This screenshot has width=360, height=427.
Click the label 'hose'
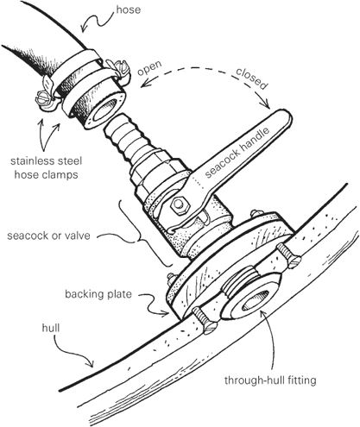point(129,10)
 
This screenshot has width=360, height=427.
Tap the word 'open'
point(149,68)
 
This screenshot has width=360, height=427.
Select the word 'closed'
point(251,78)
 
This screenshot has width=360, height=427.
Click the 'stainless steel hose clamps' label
point(47,167)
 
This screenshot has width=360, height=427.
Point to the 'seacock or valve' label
point(48,235)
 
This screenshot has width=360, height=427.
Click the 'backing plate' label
point(98,294)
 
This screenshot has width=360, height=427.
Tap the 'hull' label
point(51,328)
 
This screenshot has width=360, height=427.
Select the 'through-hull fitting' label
point(270,380)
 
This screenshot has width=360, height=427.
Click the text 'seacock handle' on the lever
point(237,153)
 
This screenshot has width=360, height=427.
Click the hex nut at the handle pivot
point(179,205)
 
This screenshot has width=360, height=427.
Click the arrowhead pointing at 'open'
point(143,84)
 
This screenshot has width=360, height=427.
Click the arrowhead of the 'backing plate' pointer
point(166,314)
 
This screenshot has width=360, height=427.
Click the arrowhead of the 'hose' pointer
point(84,28)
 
